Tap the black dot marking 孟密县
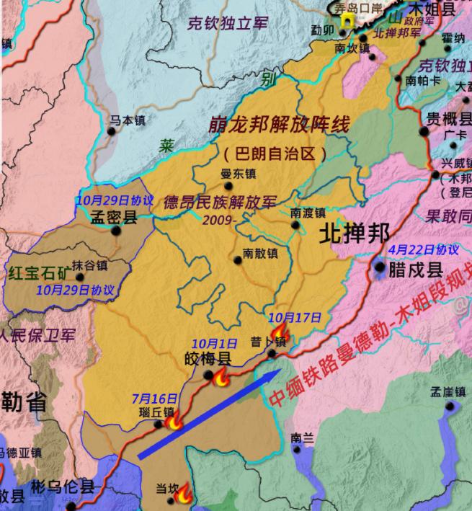116,231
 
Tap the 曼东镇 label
239,174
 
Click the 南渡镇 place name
308,213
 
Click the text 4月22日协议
423,249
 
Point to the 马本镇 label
127,121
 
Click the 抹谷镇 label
89,265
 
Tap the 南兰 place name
303,437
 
